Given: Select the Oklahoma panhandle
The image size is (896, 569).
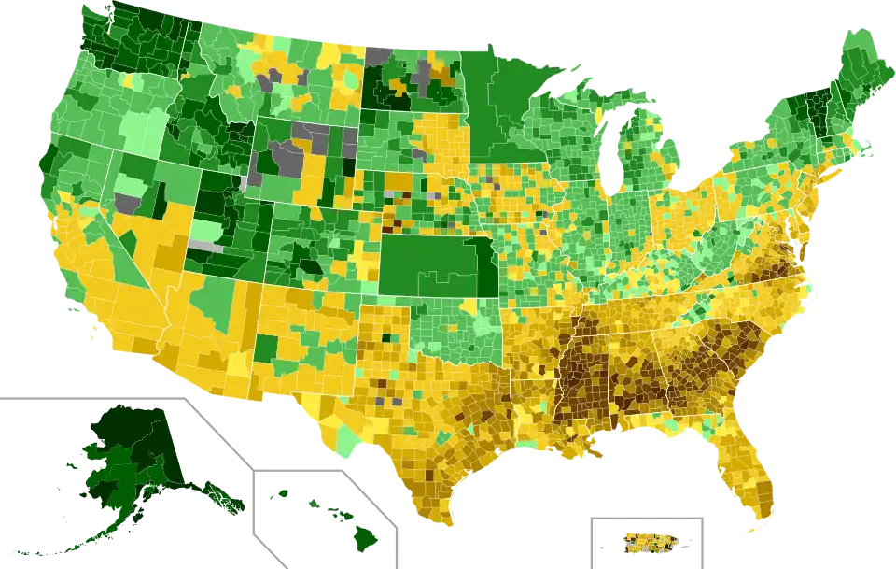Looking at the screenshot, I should pos(384,307).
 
